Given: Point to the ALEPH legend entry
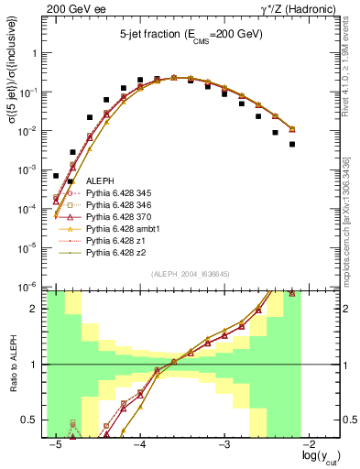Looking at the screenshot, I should [x=101, y=183].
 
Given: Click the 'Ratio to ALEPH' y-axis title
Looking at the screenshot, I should [x=13, y=365].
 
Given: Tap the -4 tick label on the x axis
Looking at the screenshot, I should [x=139, y=444].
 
